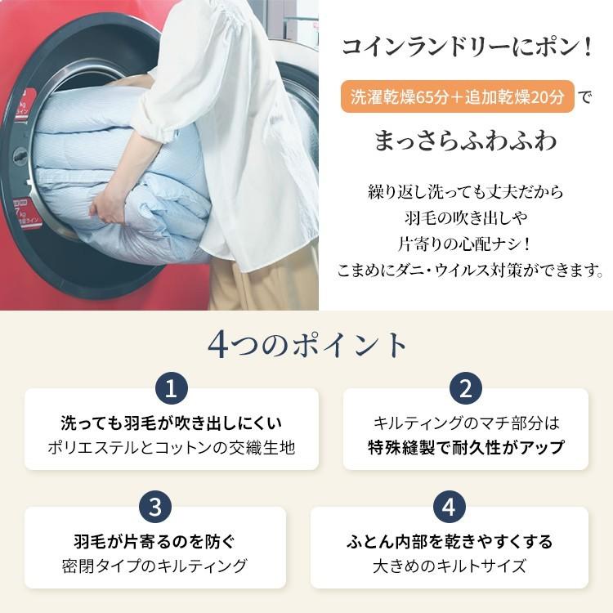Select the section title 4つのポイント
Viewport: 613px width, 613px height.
(306, 344)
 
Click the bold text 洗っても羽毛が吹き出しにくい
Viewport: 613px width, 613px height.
(172, 423)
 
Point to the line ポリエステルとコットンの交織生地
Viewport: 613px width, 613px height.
(172, 448)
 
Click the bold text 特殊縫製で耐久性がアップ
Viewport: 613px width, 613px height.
(466, 448)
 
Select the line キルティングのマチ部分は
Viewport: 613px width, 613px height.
(466, 423)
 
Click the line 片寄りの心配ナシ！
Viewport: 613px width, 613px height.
(465, 244)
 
